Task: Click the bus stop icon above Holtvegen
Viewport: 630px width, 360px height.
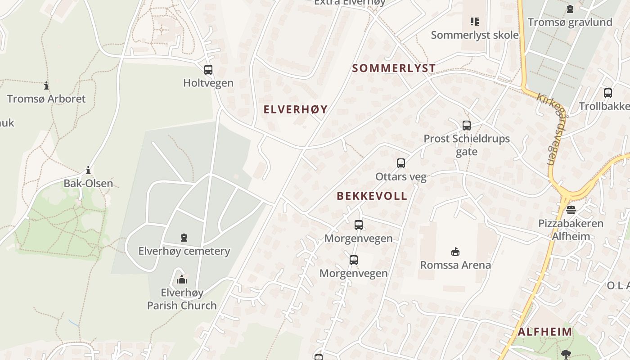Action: click(x=208, y=70)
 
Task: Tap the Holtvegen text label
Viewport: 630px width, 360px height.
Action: click(x=208, y=83)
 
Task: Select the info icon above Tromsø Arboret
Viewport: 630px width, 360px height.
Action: click(x=46, y=85)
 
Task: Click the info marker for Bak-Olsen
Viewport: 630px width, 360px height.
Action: click(x=88, y=170)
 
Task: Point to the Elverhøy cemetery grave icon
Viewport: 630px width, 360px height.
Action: click(x=184, y=238)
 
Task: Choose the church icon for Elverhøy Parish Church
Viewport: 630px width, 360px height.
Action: click(x=182, y=279)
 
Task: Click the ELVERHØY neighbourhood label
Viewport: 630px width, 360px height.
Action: click(x=296, y=109)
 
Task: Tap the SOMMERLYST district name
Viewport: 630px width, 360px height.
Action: click(x=394, y=68)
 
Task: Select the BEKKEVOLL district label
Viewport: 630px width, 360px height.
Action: click(x=372, y=196)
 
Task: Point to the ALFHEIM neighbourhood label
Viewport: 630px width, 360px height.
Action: click(x=545, y=332)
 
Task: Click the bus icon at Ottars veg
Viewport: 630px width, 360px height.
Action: click(x=401, y=163)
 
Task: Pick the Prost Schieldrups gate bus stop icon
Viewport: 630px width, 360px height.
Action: click(x=467, y=126)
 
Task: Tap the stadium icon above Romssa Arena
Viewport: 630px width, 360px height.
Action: click(x=455, y=252)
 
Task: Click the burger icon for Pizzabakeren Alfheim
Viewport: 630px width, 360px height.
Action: click(x=571, y=210)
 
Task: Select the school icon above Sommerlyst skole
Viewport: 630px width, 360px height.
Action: click(x=474, y=22)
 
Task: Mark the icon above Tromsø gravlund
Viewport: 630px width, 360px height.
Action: click(x=570, y=9)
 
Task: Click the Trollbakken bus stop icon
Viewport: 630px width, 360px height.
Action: click(x=608, y=93)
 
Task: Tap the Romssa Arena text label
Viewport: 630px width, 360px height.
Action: click(x=455, y=265)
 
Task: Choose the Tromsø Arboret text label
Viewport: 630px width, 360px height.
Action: click(x=46, y=99)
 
